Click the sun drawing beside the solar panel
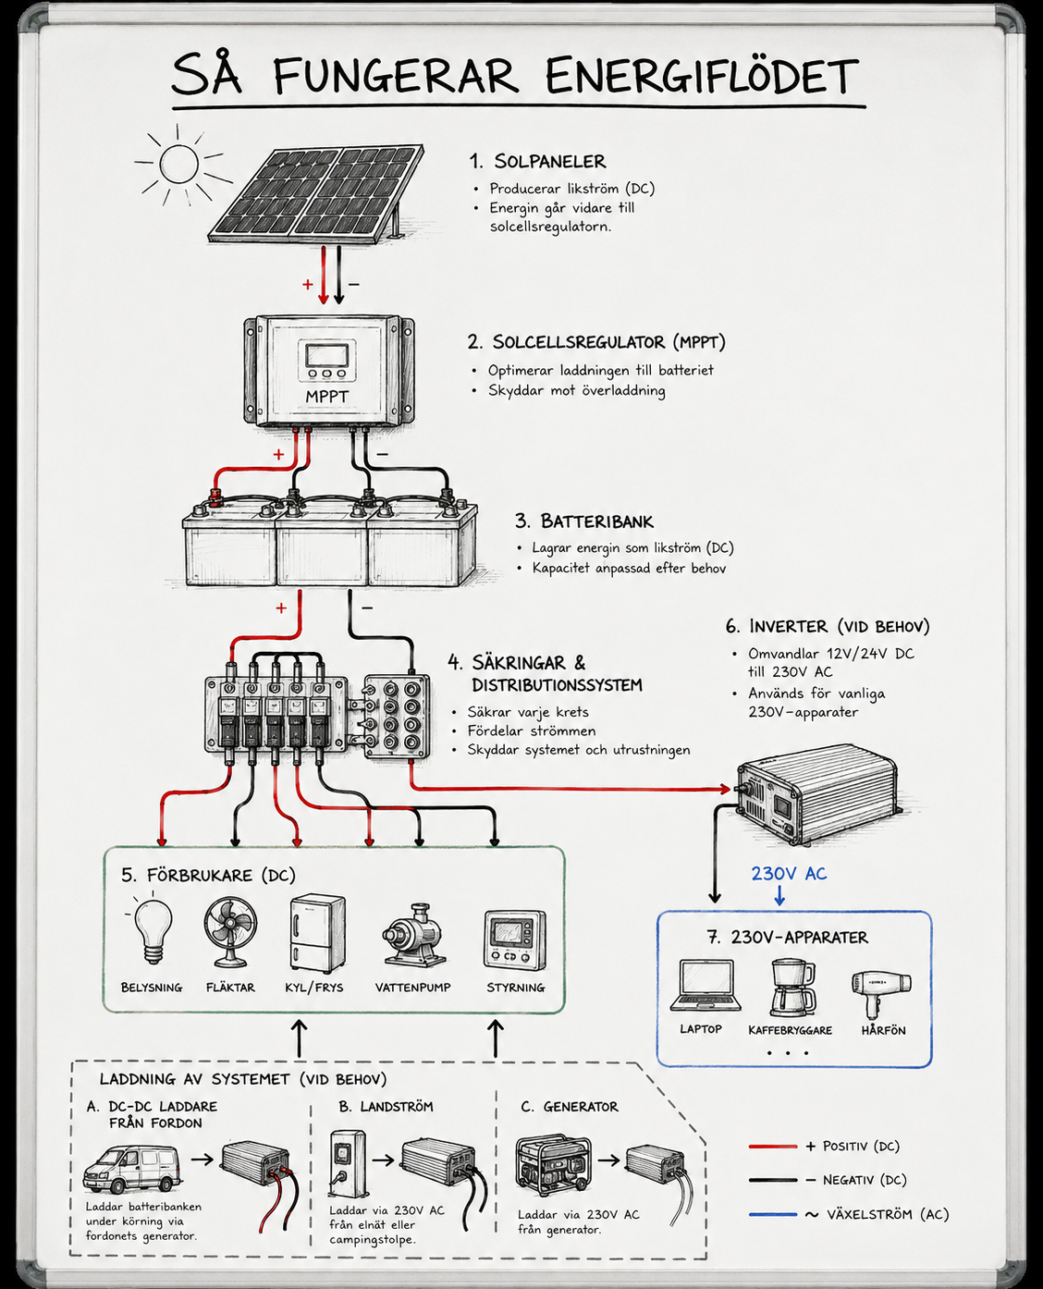[x=179, y=164]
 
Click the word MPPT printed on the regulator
[x=326, y=397]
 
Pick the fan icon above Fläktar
[x=230, y=932]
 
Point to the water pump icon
[x=414, y=936]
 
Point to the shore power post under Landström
[x=348, y=1163]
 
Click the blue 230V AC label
[x=789, y=873]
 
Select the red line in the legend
[x=773, y=1147]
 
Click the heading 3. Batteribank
[x=584, y=521]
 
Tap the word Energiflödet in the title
[x=702, y=76]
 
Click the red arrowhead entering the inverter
[x=725, y=789]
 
